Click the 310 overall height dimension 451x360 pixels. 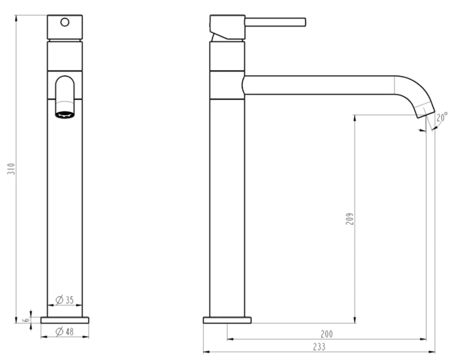pos(11,169)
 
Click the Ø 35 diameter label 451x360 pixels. pos(65,300)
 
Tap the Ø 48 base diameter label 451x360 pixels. pos(65,332)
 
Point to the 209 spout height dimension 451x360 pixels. pos(350,219)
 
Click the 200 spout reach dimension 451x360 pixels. pos(327,334)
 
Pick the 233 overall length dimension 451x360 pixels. pos(319,347)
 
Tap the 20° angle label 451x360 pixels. pos(442,117)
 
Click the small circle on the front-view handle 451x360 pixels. pos(65,22)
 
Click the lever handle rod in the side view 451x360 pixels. pos(275,22)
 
